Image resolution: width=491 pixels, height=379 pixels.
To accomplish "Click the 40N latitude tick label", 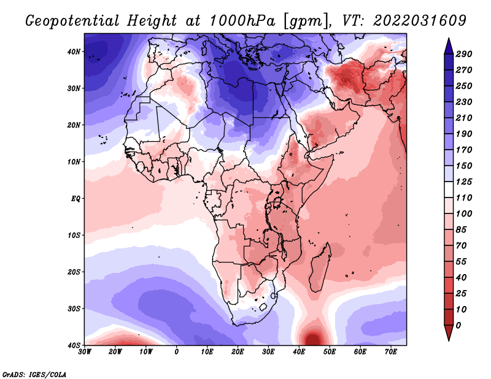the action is [x=74, y=52].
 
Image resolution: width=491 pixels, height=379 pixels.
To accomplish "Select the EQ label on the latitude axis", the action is [x=75, y=199].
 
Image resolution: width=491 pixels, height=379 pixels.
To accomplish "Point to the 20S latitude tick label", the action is [x=74, y=272].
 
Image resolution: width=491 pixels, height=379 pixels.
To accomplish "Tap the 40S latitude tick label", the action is [x=74, y=345].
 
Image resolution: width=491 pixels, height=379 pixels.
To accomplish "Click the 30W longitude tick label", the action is [x=85, y=352].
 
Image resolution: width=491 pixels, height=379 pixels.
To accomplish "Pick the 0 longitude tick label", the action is [x=177, y=352].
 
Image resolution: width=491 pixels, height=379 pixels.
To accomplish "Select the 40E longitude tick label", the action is [x=299, y=352].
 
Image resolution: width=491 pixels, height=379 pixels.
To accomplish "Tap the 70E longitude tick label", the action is [x=391, y=352].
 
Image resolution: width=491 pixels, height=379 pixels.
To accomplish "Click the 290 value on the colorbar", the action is [x=463, y=54].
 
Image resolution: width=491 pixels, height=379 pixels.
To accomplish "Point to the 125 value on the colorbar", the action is [x=463, y=182].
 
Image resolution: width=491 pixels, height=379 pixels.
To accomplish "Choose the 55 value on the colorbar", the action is [x=462, y=262].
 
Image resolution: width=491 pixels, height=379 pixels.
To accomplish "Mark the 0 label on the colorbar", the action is [x=458, y=326].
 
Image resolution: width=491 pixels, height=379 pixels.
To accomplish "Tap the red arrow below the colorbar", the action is [x=449, y=332].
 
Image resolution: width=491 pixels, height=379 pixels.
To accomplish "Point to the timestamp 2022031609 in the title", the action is [x=420, y=21].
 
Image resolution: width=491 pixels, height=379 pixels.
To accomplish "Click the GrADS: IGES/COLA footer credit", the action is [x=34, y=375].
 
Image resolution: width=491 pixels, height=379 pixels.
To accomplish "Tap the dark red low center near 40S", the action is [x=314, y=339].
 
